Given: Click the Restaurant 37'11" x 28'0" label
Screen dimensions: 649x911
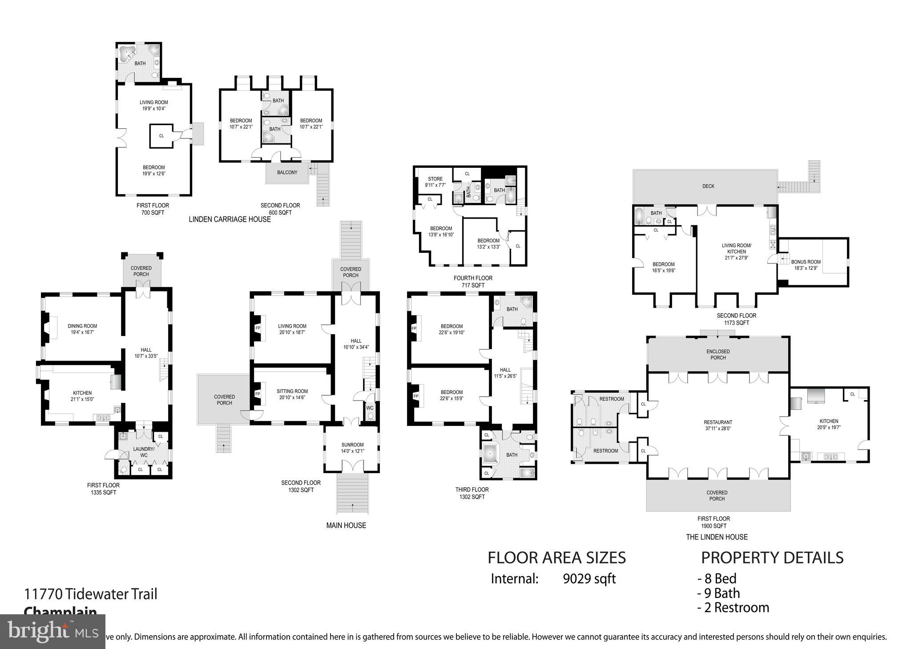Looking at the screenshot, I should pos(718,426).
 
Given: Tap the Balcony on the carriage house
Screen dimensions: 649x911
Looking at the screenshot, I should pos(287,172).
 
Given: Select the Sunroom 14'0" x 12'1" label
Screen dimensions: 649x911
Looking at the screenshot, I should pos(352,448).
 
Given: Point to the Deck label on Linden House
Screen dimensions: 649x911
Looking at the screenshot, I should pos(708,186).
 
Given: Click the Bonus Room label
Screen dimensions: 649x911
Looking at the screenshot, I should pos(806,265).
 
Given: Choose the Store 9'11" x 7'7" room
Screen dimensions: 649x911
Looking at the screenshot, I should pos(435,182).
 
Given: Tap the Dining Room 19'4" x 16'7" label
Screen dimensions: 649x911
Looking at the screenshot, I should pos(82,329).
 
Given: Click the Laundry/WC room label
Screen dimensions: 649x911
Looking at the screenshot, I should pos(143,452).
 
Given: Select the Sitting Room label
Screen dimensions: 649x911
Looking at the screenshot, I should pos(292,394).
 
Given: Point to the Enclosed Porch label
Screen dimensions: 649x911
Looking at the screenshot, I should pos(718,354).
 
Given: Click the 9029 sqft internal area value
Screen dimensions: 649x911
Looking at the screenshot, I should pos(589,579).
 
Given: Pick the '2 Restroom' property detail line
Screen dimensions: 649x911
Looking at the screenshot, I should pos(733,608).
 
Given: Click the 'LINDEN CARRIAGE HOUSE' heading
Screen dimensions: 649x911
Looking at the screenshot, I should pos(230,219).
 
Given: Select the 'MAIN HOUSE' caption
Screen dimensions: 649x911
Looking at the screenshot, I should pos(346,525).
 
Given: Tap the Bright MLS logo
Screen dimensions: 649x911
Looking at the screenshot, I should pos(52,631).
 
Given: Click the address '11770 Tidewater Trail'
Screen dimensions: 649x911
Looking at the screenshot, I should pos(90,594).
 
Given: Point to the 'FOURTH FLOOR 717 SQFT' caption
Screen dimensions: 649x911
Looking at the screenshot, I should pos(472,281).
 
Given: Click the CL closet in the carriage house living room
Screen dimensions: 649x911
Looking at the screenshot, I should pos(161,136).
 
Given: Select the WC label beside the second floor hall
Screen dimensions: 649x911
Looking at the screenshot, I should pos(370,408).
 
